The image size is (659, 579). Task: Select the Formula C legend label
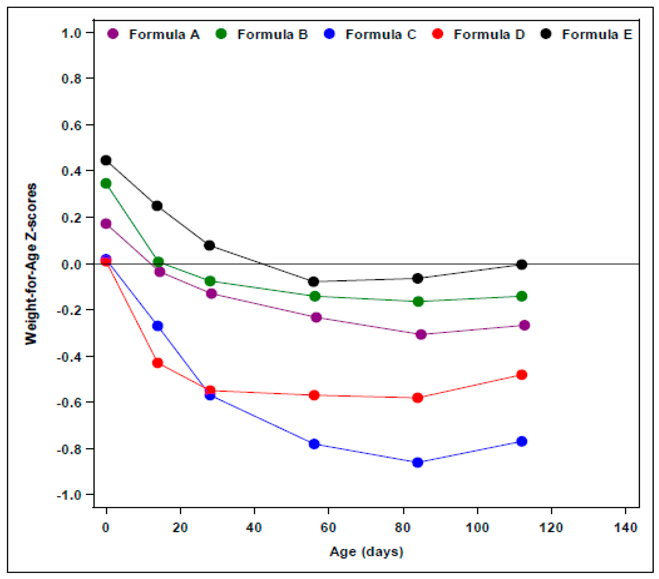[x=381, y=34]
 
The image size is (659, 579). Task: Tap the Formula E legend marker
[x=546, y=34]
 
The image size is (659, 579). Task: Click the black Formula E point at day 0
[x=106, y=160]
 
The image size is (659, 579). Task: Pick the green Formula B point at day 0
[x=106, y=184]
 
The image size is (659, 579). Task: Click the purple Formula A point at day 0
[x=106, y=224]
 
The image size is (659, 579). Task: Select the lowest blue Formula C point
[x=418, y=462]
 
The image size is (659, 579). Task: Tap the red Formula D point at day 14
[x=157, y=363]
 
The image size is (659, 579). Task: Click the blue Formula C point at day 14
[x=158, y=326]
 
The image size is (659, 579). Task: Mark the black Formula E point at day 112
[x=522, y=265]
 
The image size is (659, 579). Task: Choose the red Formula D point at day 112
[x=522, y=375]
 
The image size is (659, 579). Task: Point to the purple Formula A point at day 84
[x=421, y=334]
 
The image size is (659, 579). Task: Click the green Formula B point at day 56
[x=315, y=296]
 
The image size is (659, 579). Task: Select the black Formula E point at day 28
[x=209, y=246]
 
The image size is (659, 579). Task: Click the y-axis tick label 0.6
[x=71, y=125]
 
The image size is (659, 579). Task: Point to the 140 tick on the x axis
[x=625, y=528]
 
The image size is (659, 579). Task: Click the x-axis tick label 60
[x=328, y=528]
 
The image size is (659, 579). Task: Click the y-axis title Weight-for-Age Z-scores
[x=31, y=264]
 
